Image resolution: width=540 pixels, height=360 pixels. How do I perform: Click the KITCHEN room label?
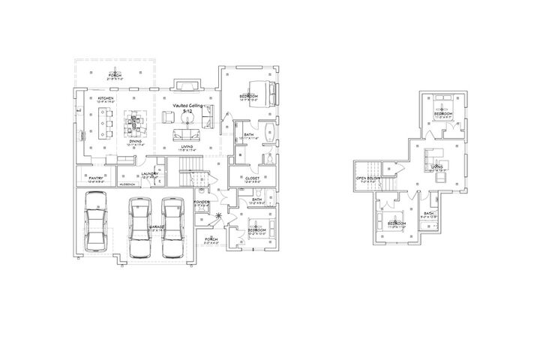tap(106, 97)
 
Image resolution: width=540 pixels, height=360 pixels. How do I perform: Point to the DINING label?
tap(136, 140)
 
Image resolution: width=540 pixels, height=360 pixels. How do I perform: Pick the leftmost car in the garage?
tap(97, 223)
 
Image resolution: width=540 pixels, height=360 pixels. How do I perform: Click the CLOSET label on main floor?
tap(252, 178)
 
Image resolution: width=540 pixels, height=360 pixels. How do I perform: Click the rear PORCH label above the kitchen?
tap(115, 74)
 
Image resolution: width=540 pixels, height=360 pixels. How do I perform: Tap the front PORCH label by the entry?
tap(210, 240)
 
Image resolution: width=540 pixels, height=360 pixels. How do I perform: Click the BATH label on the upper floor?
tap(428, 214)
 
